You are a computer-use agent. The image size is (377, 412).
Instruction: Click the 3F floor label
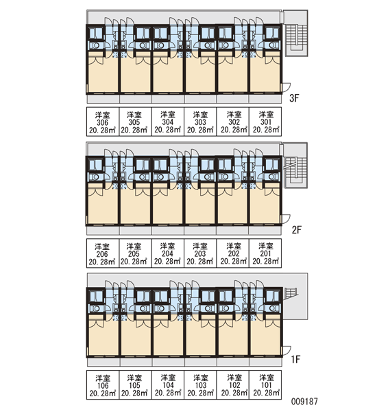(294, 98)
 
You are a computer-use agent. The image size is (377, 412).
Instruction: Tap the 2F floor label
(297, 230)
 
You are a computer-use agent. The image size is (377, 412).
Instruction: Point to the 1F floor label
(295, 359)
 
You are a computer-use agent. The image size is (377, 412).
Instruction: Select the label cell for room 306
(103, 122)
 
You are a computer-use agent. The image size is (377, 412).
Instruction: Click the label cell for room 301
(265, 122)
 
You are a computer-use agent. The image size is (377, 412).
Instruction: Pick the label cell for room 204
(168, 253)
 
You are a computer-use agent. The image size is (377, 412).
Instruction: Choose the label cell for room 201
(265, 253)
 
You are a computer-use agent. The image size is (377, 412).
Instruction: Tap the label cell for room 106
(103, 385)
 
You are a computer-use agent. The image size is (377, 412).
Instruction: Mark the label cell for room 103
(200, 385)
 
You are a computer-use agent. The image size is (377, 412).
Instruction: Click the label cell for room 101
(265, 385)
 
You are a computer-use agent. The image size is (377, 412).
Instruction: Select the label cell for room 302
(233, 122)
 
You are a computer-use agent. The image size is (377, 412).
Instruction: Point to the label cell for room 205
(135, 253)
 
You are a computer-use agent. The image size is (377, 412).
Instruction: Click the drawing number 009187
(304, 401)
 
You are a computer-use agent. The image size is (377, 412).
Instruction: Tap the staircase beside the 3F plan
(296, 34)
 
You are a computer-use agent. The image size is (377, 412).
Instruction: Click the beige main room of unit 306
(103, 75)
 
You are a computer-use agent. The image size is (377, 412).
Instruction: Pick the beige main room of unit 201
(265, 206)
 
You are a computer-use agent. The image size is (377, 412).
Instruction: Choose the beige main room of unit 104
(168, 338)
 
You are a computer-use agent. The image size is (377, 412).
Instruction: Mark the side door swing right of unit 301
(287, 87)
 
